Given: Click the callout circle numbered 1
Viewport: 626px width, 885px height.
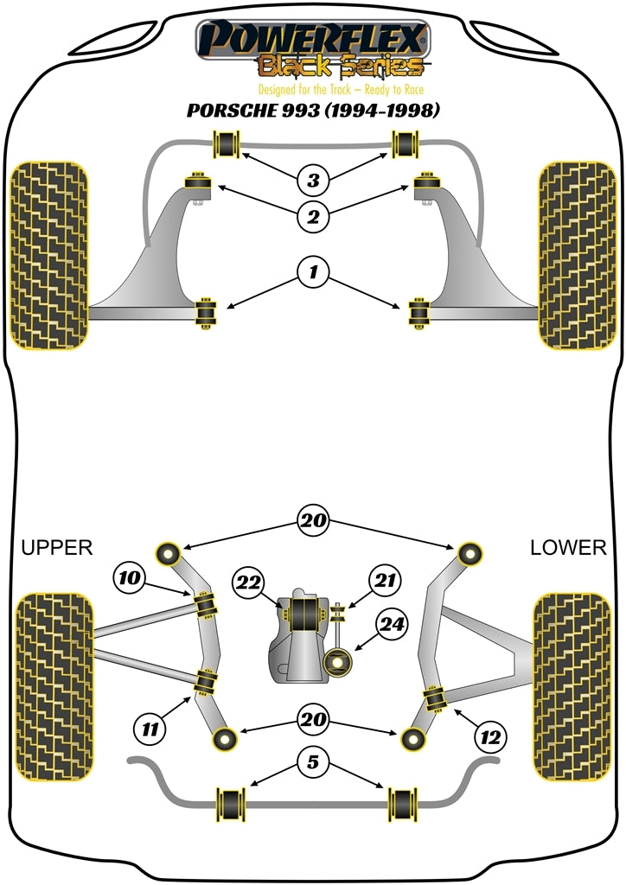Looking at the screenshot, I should click(313, 273).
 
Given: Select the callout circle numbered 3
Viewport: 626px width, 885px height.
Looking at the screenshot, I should click(313, 181).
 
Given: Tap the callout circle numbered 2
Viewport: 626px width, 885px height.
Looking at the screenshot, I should click(313, 216).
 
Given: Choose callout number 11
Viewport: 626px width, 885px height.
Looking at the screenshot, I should click(151, 729).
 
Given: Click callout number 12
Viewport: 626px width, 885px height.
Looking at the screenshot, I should click(491, 736).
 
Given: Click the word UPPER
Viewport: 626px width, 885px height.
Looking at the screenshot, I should click(56, 547).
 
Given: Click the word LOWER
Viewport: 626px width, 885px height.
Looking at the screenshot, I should click(568, 547).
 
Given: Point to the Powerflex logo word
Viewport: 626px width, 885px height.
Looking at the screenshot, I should click(313, 39).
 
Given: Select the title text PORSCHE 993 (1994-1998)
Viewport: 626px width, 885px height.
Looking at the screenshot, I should click(313, 111).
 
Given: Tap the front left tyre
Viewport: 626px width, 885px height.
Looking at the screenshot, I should click(49, 256).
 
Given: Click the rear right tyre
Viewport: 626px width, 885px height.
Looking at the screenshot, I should click(574, 685).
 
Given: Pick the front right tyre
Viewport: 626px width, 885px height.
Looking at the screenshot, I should click(577, 256).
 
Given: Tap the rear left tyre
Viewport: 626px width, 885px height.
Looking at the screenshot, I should click(54, 685).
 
